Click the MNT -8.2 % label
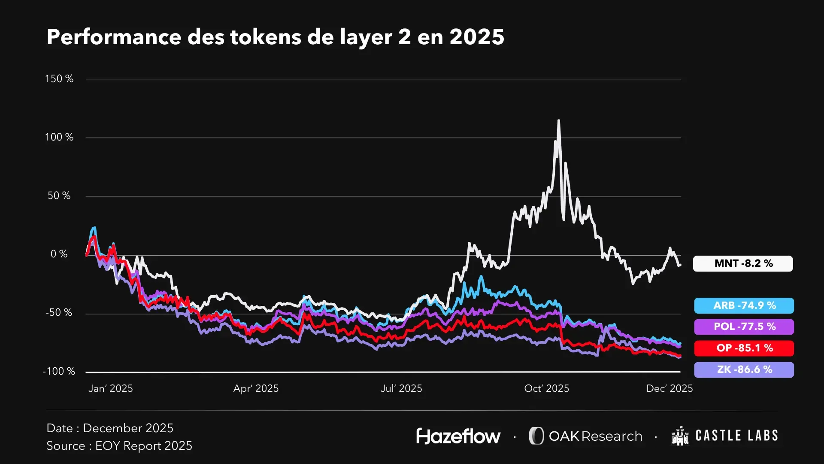click(743, 263)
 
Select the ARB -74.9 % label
click(744, 305)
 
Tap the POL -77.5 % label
click(744, 327)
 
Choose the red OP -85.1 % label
click(744, 348)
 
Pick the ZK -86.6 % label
click(744, 369)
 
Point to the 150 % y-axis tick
click(59, 79)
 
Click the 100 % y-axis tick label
click(59, 137)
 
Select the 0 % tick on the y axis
click(59, 254)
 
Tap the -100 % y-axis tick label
click(59, 371)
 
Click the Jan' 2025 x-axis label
click(111, 388)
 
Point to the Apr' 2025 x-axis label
click(256, 388)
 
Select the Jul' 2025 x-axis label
click(401, 388)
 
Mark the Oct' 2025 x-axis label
click(546, 388)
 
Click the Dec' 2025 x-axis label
click(669, 388)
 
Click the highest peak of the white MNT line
click(558, 121)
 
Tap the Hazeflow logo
click(458, 436)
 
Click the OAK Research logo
click(585, 436)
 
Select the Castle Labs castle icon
click(680, 436)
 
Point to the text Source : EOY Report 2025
click(119, 446)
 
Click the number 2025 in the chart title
click(477, 37)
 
